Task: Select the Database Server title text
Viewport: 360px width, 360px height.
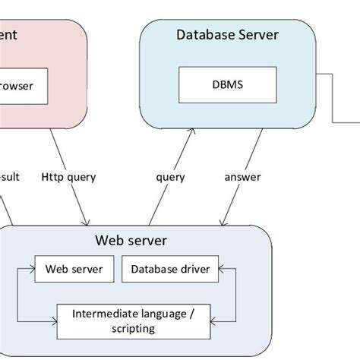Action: click(227, 34)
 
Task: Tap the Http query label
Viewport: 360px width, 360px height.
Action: click(69, 177)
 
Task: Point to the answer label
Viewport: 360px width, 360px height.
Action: click(242, 177)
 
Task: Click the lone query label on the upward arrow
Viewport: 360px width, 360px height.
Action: click(171, 177)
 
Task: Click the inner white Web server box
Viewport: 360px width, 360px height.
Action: click(74, 269)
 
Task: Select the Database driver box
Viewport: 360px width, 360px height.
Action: click(170, 269)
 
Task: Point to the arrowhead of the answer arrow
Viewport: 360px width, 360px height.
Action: click(222, 223)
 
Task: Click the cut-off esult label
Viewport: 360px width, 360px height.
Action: click(10, 177)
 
